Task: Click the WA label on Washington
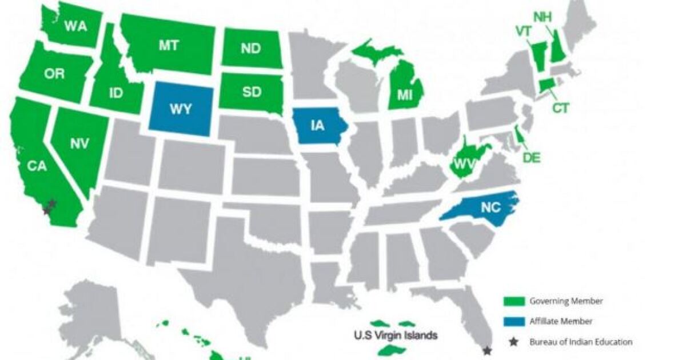[x=75, y=26]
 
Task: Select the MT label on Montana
[x=169, y=46]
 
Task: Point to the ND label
[x=250, y=49]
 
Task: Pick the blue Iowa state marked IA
[x=318, y=126]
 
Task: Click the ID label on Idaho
[x=116, y=93]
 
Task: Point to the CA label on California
[x=39, y=166]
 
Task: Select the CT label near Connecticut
[x=560, y=107]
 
